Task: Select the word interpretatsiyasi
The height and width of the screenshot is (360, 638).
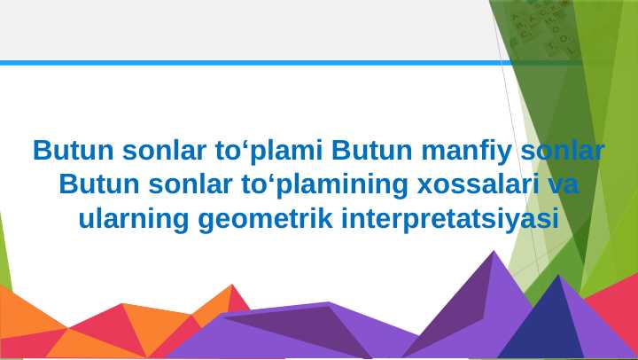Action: [x=450, y=218]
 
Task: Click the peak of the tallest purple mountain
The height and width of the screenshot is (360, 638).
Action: [x=494, y=254]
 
